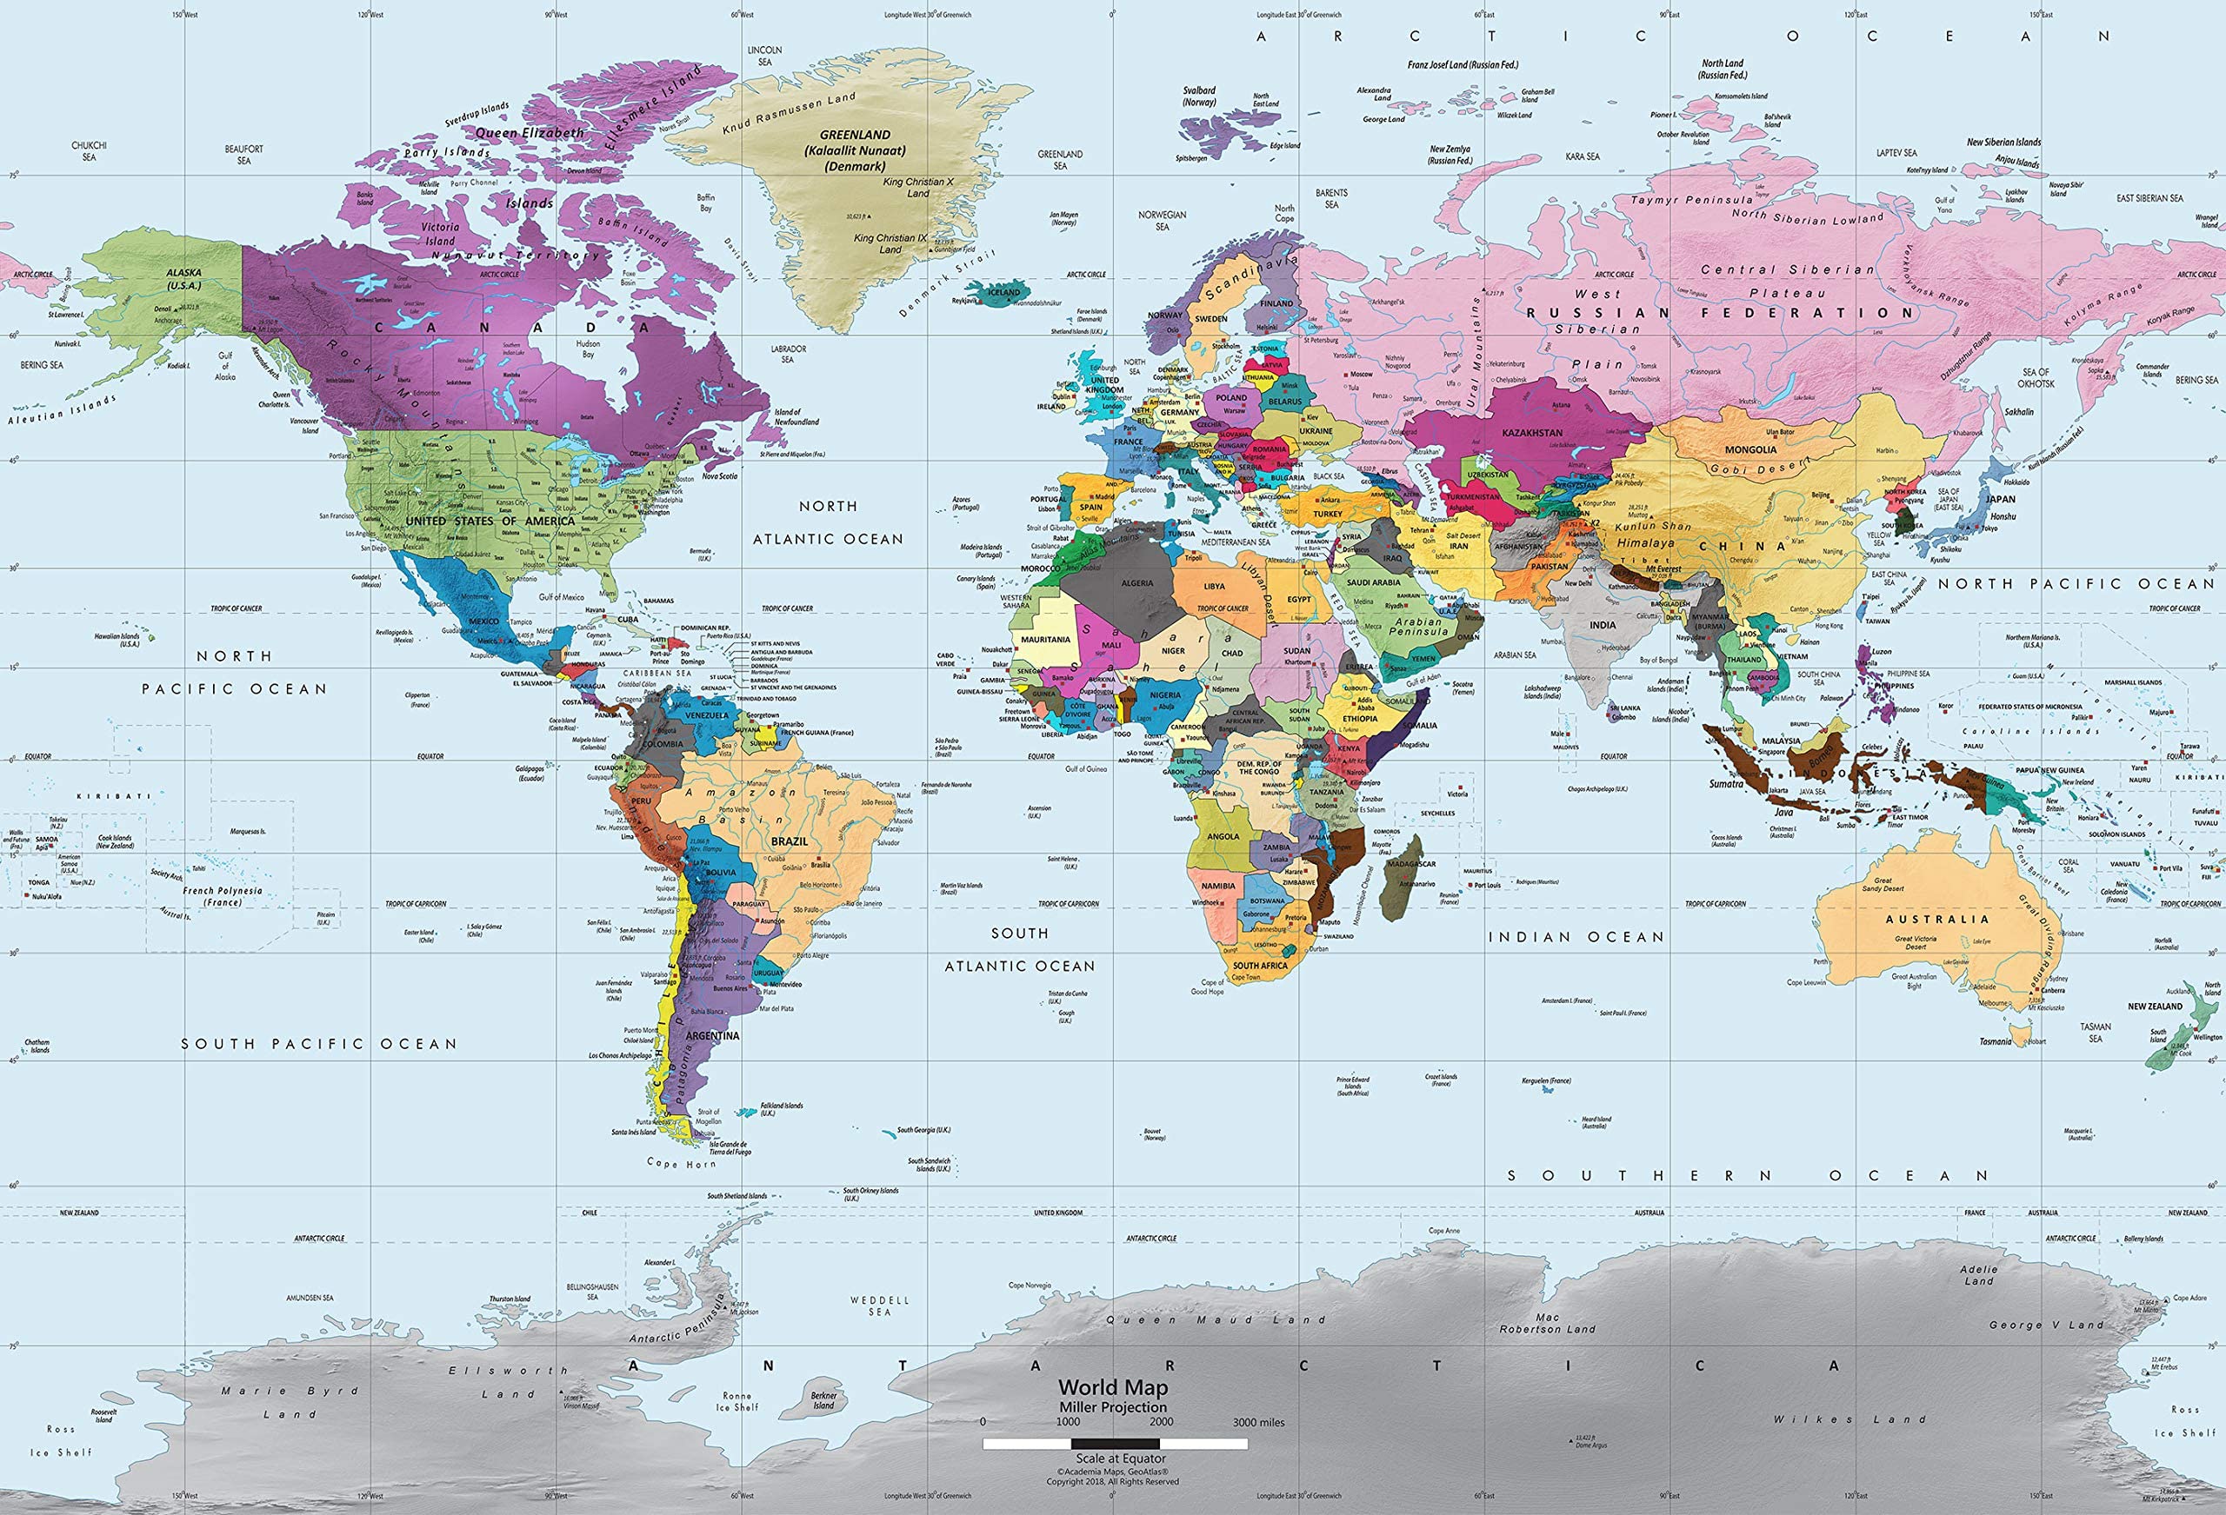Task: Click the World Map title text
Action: tap(1112, 1386)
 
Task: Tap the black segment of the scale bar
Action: tap(1115, 1444)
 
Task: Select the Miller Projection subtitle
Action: tap(1112, 1406)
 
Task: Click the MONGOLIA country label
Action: tap(1750, 449)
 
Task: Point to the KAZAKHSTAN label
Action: tap(1531, 433)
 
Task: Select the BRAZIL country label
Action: tap(790, 841)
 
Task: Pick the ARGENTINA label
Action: tap(714, 1035)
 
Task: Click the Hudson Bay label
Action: tap(588, 349)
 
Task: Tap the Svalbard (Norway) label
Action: tap(1198, 96)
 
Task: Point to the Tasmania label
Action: tap(1996, 1041)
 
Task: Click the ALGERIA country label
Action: tap(1137, 582)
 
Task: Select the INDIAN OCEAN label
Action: tap(1576, 937)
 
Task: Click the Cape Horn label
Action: tap(681, 1164)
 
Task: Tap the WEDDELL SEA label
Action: tap(879, 1306)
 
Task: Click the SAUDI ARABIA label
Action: tap(1373, 582)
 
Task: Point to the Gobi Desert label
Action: tap(1762, 468)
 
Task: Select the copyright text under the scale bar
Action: tap(1112, 1476)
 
